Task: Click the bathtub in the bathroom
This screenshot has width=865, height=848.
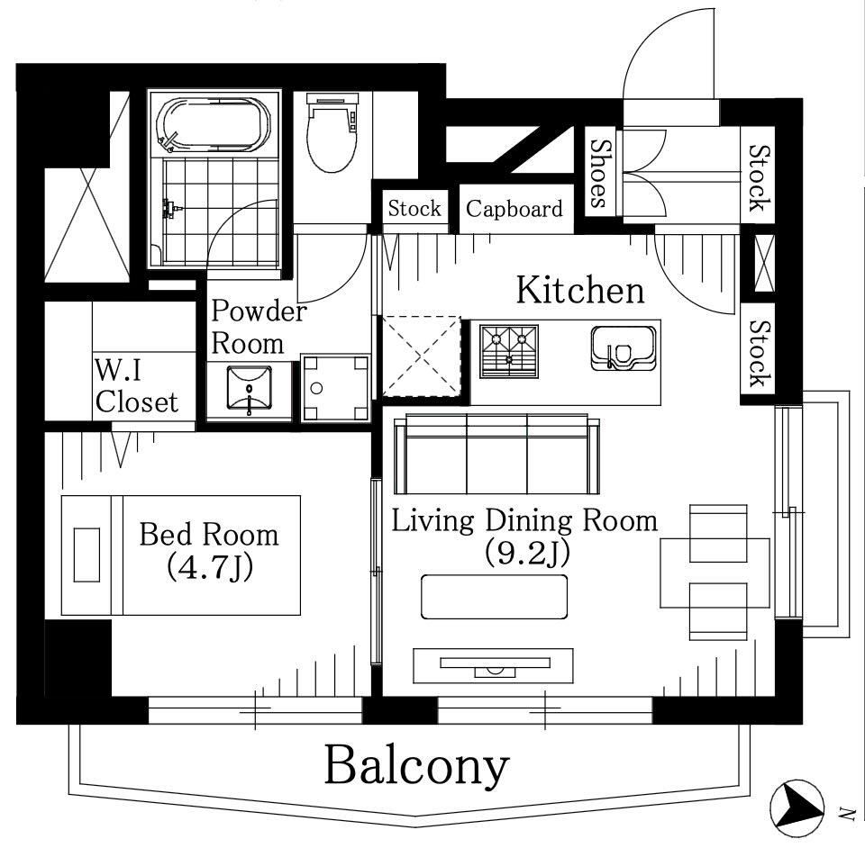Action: (x=214, y=126)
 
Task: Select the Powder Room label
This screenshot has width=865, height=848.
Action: (x=259, y=328)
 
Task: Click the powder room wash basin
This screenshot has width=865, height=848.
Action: (x=250, y=390)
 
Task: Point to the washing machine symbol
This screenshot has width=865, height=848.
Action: (x=335, y=388)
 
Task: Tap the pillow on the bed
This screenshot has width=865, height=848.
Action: (x=86, y=555)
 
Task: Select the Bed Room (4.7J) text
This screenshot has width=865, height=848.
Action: (x=209, y=551)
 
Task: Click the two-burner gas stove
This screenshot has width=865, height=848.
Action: (x=508, y=352)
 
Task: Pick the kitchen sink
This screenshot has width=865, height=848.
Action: (x=624, y=348)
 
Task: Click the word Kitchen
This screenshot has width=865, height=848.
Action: (x=579, y=290)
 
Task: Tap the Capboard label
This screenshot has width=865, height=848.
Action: (x=514, y=209)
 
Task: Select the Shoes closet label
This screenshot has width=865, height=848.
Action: (x=601, y=173)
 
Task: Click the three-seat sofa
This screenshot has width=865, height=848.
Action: (x=496, y=454)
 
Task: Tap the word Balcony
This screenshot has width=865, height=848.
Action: (x=416, y=766)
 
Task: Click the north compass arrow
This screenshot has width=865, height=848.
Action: (x=796, y=807)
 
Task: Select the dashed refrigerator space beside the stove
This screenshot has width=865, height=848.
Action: (x=421, y=356)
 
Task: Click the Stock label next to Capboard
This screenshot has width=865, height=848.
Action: (x=414, y=209)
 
